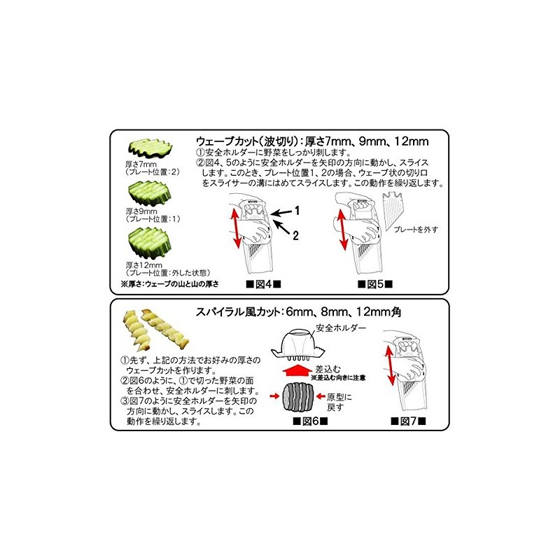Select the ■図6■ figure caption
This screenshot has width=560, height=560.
click(309, 421)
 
